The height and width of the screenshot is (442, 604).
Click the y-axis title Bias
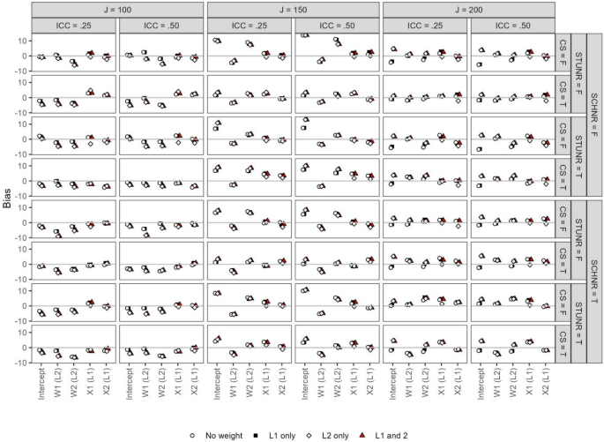click(9, 200)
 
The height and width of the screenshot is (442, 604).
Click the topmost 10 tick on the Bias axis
click(23, 41)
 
